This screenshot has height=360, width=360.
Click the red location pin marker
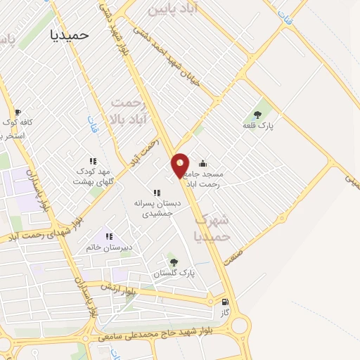click(181, 165)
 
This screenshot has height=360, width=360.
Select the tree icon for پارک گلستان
click(174, 262)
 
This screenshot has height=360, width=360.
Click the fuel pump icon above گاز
click(225, 302)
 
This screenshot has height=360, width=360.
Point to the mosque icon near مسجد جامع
click(203, 164)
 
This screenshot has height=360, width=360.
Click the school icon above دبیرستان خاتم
click(108, 237)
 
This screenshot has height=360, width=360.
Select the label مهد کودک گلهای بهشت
click(93, 176)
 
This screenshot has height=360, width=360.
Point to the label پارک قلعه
click(259, 125)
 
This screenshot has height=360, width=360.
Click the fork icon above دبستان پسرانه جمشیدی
click(157, 193)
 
